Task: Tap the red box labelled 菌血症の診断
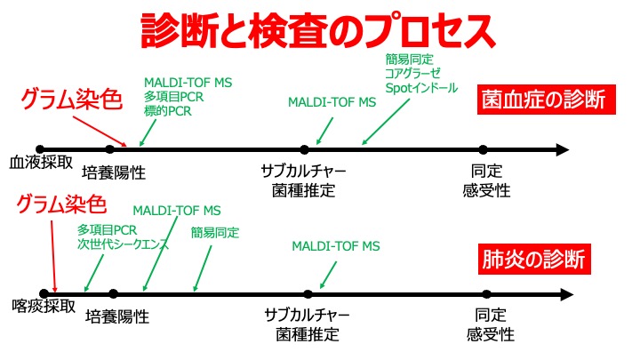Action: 545,98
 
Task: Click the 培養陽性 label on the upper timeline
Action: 113,172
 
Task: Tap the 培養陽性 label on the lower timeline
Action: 117,316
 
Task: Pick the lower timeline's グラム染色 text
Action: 62,205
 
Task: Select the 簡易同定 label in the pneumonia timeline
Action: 216,232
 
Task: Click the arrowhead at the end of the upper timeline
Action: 561,149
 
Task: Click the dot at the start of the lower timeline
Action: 42,292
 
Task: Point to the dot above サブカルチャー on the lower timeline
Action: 308,292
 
